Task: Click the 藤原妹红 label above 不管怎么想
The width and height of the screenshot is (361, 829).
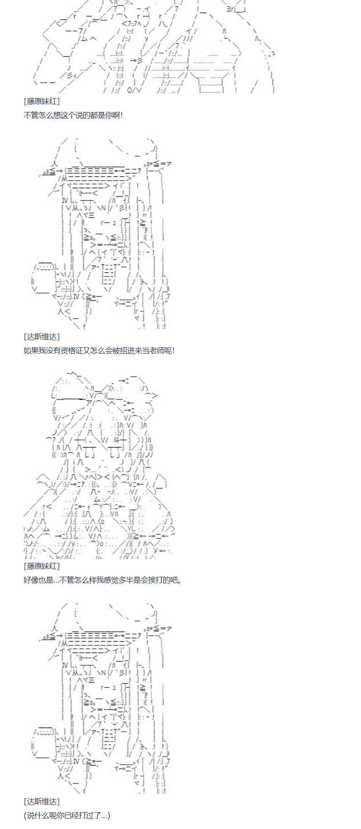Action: pos(42,101)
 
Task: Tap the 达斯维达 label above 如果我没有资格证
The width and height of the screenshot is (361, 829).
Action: pos(42,336)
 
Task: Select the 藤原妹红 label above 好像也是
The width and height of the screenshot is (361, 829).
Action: pos(42,566)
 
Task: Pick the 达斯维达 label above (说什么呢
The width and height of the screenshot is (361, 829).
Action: pos(42,801)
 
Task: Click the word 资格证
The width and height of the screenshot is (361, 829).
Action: pos(75,350)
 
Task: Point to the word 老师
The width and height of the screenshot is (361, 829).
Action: pos(155,350)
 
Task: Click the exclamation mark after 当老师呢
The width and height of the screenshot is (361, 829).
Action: pos(173,350)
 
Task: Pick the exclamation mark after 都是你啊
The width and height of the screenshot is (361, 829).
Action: pos(122,115)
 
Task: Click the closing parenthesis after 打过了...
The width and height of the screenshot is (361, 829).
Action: pos(109,815)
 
